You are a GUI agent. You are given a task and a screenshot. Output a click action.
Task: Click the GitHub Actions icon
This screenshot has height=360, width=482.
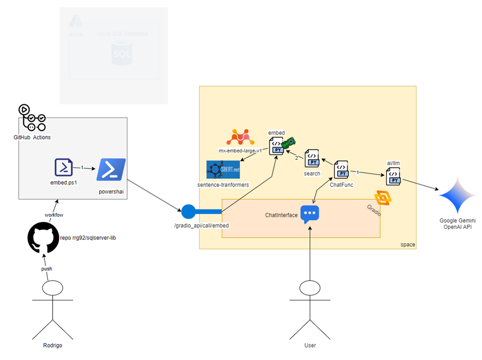31,118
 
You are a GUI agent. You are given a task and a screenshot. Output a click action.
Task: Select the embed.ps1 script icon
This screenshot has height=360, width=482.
63,167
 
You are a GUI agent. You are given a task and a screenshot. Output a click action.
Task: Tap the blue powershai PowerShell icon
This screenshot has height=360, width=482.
111,170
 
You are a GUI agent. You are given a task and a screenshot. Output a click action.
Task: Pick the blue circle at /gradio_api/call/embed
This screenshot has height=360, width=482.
188,211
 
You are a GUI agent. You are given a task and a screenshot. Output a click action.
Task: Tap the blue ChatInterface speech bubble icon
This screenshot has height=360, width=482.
310,214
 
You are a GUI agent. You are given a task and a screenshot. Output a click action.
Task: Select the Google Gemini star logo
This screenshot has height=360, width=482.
458,196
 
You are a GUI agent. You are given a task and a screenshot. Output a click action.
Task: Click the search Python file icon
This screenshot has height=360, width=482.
312,159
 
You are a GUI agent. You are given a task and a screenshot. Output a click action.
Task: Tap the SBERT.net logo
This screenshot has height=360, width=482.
223,169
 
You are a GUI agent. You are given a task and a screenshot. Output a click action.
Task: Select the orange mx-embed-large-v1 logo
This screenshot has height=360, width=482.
241,137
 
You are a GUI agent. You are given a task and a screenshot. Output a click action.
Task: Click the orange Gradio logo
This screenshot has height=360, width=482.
383,198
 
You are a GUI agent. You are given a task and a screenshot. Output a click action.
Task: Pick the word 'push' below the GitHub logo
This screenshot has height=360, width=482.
47,269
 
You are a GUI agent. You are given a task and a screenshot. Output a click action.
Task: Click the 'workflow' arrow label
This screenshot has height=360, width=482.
53,213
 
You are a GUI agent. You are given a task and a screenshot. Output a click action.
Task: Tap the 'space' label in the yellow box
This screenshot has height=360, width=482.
408,244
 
